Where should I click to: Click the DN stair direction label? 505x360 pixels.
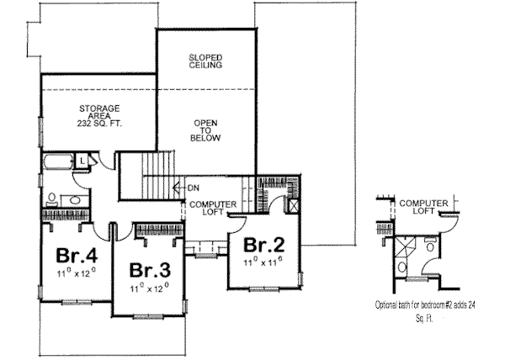[x=193, y=188]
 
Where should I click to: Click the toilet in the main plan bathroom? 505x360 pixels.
[x=52, y=200]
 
